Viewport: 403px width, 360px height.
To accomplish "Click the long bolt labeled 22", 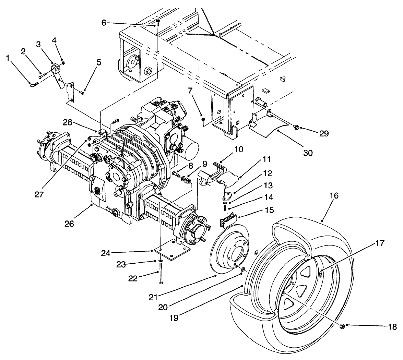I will click(161, 272).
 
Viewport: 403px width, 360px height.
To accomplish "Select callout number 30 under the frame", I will click(308, 153).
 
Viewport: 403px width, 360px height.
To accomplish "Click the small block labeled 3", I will click(56, 69).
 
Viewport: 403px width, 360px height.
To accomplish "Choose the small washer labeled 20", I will click(243, 269).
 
